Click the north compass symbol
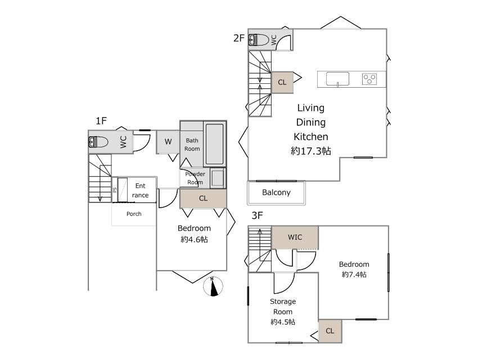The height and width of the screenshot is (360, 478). click(213, 286)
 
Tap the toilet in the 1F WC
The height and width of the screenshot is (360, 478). click(98, 142)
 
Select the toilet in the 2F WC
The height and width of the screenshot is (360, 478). click(259, 40)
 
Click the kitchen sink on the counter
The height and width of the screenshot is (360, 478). click(337, 79)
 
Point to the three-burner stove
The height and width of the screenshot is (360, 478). click(369, 79)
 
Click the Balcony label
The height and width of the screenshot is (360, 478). click(276, 192)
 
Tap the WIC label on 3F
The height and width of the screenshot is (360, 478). click(295, 237)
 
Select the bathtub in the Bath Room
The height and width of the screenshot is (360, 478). click(214, 144)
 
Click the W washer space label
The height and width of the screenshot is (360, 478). click(168, 141)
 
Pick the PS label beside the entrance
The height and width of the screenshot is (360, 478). click(115, 190)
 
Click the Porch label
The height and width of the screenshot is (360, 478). click(134, 214)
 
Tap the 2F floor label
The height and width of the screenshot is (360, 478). click(239, 38)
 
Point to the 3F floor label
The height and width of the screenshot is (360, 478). click(257, 215)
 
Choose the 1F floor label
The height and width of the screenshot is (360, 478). click(101, 121)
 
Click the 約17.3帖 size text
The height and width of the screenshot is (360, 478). click(311, 151)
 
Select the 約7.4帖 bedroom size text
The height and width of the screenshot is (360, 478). click(354, 274)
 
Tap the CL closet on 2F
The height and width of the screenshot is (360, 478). click(282, 82)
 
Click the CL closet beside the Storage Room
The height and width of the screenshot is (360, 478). click(330, 331)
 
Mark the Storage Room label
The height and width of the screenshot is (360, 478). click(283, 307)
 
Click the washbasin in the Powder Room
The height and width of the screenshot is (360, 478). click(218, 178)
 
